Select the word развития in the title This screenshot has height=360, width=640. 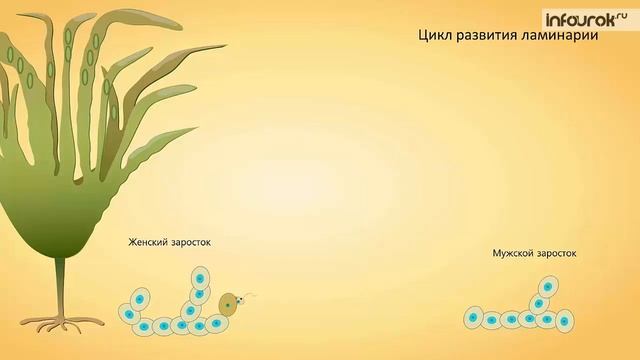click(487, 35)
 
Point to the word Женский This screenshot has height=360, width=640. click(148, 242)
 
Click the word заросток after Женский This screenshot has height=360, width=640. click(191, 242)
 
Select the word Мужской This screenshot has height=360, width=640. click(514, 254)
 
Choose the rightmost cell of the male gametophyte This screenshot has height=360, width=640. click(565, 320)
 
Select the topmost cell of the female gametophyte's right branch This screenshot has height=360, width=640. click(201, 279)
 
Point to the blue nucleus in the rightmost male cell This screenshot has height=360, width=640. click(566, 321)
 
